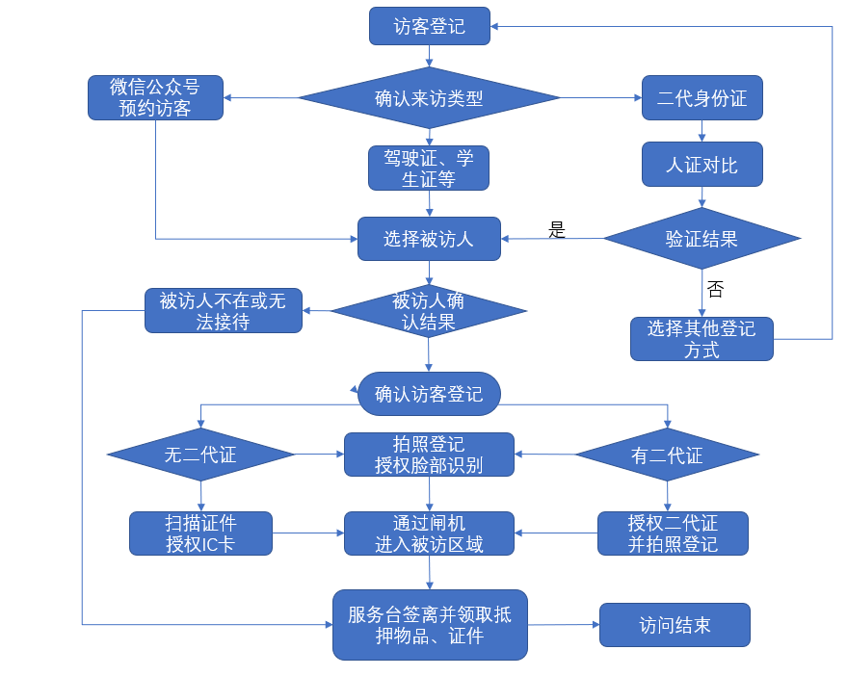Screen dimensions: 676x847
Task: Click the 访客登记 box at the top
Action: pos(429,26)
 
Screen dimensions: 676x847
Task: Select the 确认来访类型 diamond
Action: pos(429,97)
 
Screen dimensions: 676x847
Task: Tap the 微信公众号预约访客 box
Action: pos(155,97)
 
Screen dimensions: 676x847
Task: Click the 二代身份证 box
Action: pos(701,97)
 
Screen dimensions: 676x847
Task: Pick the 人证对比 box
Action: pos(701,165)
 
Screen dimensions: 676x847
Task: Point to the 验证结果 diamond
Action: pos(701,238)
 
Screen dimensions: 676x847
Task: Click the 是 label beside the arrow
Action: pos(557,230)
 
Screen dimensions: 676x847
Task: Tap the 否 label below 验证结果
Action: pos(715,289)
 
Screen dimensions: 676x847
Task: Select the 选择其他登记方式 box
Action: pos(701,339)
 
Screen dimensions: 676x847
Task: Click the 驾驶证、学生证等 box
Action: pos(429,168)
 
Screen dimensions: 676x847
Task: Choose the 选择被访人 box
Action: pos(429,239)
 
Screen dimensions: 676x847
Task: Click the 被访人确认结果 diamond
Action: pos(429,311)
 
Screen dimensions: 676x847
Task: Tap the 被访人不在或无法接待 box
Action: pos(223,311)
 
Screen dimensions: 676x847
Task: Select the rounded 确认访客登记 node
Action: pos(429,394)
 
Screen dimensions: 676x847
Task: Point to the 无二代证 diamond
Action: pos(200,455)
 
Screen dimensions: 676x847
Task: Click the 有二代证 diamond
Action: pos(667,455)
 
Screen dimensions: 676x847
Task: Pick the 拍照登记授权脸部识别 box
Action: pos(429,455)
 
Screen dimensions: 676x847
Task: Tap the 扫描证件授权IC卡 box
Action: pos(200,533)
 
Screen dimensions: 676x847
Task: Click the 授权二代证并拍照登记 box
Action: pos(673,533)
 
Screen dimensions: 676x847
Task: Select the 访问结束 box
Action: pos(675,625)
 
